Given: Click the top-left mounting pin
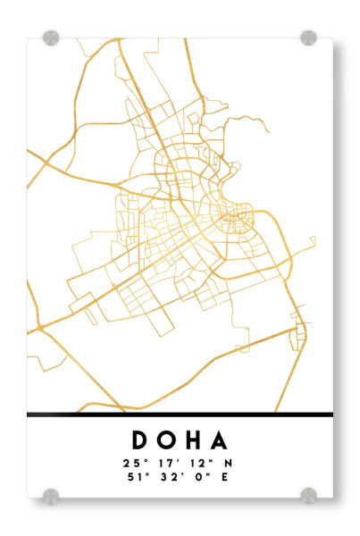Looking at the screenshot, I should [52, 38].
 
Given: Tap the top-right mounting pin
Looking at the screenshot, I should [308, 38].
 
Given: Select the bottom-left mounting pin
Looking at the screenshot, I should [52, 495].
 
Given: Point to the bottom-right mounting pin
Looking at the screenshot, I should [308, 495].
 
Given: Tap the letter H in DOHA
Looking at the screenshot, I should [193, 440].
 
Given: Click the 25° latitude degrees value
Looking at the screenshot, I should [133, 463].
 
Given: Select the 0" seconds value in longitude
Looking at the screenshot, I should [197, 477].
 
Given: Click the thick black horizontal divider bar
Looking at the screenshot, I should [180, 415].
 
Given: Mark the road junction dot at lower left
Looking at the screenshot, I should [40, 329].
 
